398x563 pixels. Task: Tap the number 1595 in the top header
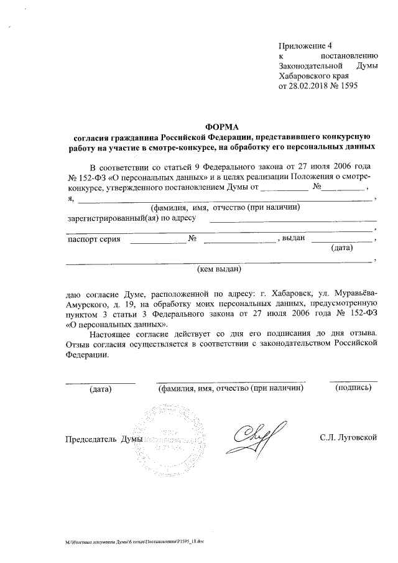349,85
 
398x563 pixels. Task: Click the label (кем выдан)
219,270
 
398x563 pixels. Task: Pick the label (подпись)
353,388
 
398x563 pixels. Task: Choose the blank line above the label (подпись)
353,380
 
